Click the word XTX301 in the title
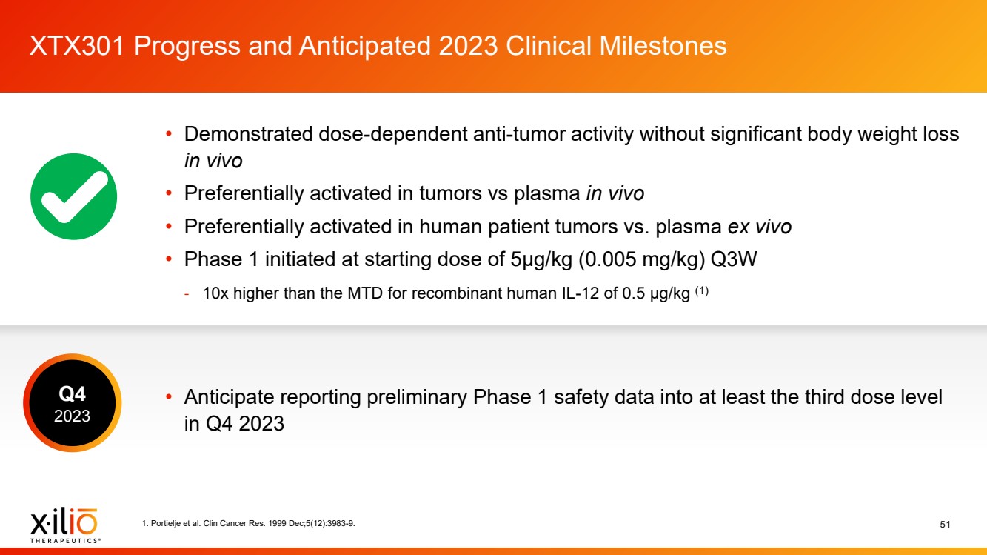pos(77,46)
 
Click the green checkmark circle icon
pos(73,196)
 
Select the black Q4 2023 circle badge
pos(73,403)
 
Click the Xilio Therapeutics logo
pos(64,525)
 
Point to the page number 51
pos(945,524)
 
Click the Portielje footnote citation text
pos(248,523)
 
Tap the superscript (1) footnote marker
pos(702,290)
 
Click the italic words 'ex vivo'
pos(759,227)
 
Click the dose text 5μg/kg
pos(541,259)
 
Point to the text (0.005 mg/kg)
pos(641,259)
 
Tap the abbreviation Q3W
pos(734,259)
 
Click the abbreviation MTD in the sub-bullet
pos(365,293)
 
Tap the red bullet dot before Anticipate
pos(169,396)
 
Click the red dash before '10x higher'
pos(187,294)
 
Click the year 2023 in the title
pos(469,46)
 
